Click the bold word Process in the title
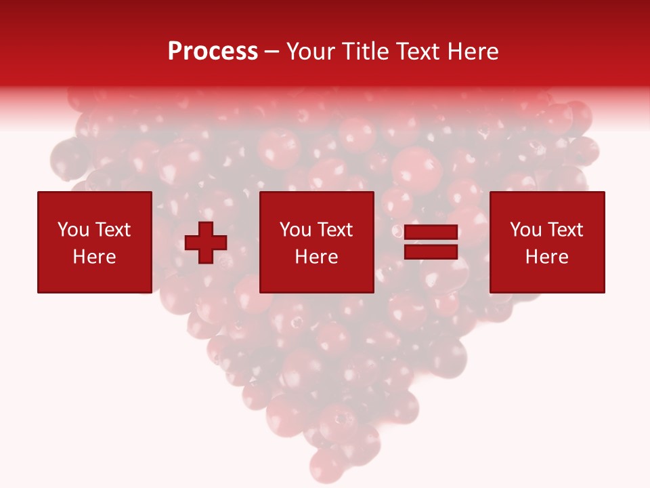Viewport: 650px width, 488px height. tap(213, 52)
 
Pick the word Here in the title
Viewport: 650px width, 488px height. tap(475, 52)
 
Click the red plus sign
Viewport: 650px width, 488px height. tap(206, 243)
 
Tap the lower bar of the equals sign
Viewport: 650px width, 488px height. tap(431, 252)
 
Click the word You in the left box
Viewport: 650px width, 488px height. tap(73, 230)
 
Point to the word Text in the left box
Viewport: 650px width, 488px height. tap(112, 230)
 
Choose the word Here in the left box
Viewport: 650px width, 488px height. tap(94, 257)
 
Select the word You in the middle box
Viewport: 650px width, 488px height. tap(295, 230)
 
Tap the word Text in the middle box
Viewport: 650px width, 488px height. tap(334, 230)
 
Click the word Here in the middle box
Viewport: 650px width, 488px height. tap(316, 257)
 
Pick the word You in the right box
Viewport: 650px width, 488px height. tap(525, 230)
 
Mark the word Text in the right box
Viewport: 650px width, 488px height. tap(565, 230)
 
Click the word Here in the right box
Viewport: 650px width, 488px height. tap(546, 257)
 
